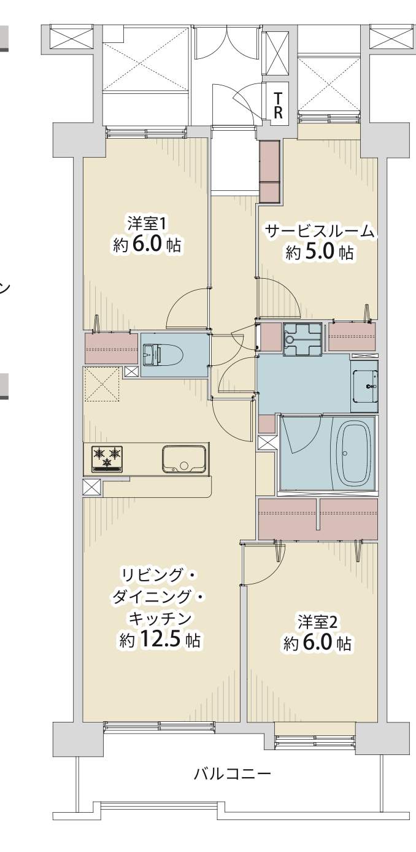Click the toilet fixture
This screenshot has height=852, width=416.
[x=163, y=355]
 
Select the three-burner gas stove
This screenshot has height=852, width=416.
[x=107, y=459]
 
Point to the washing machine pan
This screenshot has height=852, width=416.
[x=302, y=339]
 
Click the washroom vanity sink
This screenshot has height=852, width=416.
[x=364, y=386]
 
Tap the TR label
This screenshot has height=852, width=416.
[x=279, y=106]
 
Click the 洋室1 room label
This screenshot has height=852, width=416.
[x=147, y=224]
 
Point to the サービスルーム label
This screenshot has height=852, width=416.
[x=320, y=231]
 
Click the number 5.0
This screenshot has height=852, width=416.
[x=320, y=252]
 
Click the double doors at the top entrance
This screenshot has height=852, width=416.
[x=228, y=42]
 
